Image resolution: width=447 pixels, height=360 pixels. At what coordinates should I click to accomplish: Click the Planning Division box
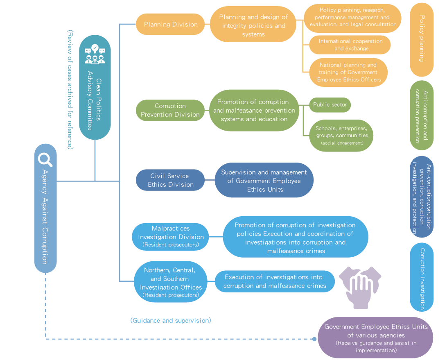coord(170,24)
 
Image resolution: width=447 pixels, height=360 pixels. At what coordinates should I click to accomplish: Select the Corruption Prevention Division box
coord(170,110)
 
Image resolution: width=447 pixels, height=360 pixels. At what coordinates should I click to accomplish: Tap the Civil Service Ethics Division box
coord(170,180)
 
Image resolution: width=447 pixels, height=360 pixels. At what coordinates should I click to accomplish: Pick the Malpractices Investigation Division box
coord(171,237)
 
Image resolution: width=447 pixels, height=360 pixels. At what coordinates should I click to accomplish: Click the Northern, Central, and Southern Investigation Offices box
coord(170,282)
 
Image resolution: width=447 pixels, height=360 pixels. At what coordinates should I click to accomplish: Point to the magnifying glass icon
coord(45,158)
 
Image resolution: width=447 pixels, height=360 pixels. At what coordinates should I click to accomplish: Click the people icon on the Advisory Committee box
coord(95,54)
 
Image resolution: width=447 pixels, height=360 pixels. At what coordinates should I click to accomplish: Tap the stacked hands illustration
coord(360,287)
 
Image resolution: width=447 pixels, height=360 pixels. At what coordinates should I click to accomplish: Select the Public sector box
coord(330,105)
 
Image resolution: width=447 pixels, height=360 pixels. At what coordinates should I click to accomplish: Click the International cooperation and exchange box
coord(350,45)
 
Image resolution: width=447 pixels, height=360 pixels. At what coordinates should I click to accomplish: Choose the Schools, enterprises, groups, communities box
coord(341,135)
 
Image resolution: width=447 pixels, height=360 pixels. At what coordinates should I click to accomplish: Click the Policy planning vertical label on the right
coord(422,39)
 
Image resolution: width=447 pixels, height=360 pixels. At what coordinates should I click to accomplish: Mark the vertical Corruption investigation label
coord(422,278)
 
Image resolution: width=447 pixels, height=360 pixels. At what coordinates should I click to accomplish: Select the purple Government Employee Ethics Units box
coord(375,338)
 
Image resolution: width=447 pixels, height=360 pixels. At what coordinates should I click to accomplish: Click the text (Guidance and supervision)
coord(171,320)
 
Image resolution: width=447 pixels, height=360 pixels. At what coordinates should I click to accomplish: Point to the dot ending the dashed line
coord(314,339)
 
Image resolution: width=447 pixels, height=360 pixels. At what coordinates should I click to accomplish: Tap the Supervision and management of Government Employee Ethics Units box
coord(264,181)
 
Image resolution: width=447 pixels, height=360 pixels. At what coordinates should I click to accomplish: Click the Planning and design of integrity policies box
coord(253,25)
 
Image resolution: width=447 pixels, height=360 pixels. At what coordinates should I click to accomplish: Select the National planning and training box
coord(348,72)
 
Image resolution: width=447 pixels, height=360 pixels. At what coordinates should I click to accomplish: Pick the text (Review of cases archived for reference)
coord(70,90)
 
